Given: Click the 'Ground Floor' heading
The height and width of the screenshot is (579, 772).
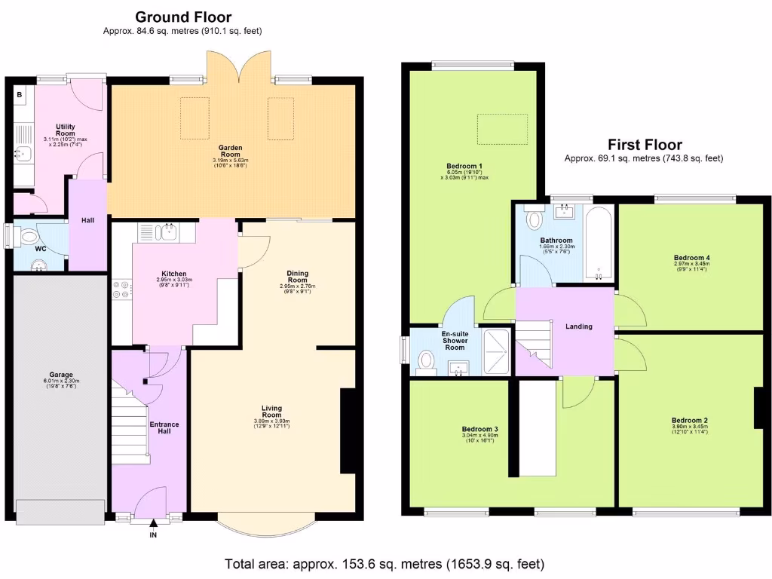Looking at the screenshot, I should tap(182, 17).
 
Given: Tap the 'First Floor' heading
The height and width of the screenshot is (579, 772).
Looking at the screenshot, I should tap(645, 145).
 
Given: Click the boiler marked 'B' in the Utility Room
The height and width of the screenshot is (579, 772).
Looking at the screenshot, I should tap(20, 95).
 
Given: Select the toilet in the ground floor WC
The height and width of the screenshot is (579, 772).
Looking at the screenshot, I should tap(28, 236).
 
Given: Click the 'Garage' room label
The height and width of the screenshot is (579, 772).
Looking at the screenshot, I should tap(61, 375).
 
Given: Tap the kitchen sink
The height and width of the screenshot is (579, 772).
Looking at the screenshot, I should tap(166, 232).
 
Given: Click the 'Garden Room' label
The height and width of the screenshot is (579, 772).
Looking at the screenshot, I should tap(230, 148).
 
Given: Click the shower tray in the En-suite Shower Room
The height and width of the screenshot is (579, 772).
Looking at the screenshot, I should tap(496, 351).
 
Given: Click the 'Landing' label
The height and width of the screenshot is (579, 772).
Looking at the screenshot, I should tap(579, 326).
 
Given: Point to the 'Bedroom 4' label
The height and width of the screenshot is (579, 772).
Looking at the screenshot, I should tap(691, 258).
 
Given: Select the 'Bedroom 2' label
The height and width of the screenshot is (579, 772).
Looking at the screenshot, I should tap(689, 420).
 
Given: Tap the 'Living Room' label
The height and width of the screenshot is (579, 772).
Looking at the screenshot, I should tap(271, 412).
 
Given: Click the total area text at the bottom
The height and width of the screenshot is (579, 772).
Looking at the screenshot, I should tap(384, 564).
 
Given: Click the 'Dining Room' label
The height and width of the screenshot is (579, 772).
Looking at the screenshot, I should tap(297, 277).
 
